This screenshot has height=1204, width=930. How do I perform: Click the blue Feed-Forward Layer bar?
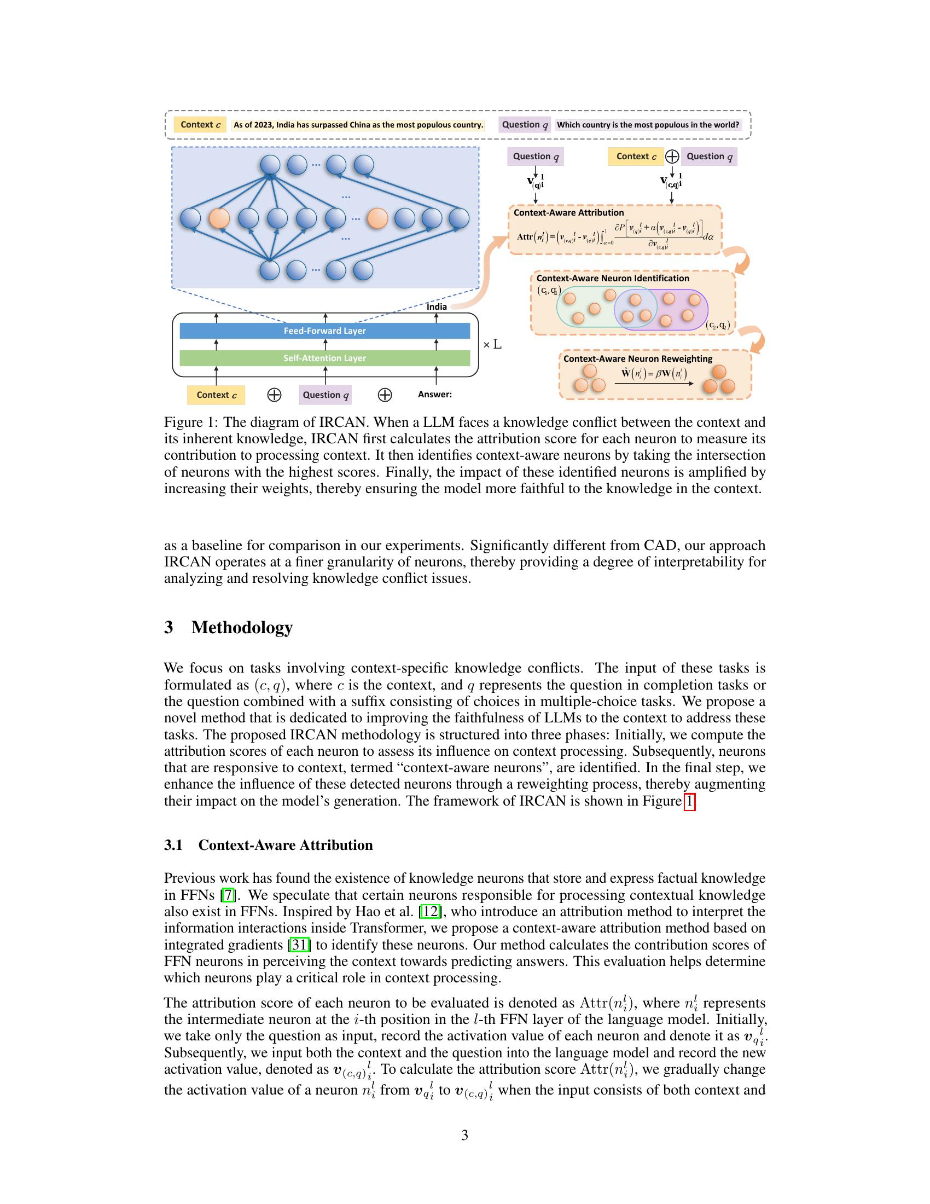(x=324, y=331)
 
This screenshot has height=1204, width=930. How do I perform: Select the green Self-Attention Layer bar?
(x=324, y=358)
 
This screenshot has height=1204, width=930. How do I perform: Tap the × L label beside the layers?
(x=492, y=345)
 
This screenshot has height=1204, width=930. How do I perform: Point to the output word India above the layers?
(x=437, y=306)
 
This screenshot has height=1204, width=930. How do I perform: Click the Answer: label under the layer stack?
(x=435, y=395)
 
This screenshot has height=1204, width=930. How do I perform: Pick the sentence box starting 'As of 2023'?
(x=358, y=125)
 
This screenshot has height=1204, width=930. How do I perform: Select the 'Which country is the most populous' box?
(x=648, y=125)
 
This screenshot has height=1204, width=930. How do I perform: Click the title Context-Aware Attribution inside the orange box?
(x=568, y=213)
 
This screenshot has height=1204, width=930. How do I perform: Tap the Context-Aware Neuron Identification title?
(x=613, y=279)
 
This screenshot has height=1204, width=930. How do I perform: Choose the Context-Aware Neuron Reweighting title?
(x=637, y=359)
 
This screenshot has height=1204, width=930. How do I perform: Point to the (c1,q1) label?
(x=549, y=291)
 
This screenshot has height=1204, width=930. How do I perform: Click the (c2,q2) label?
(x=717, y=326)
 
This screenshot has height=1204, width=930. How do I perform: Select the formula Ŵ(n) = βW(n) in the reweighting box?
(x=653, y=373)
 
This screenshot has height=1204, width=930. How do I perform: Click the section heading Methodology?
(x=241, y=627)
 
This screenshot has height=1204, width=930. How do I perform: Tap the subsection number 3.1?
(x=173, y=846)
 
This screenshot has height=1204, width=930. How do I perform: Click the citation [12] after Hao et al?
(x=430, y=912)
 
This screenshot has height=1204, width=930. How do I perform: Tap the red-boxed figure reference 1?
(x=689, y=801)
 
